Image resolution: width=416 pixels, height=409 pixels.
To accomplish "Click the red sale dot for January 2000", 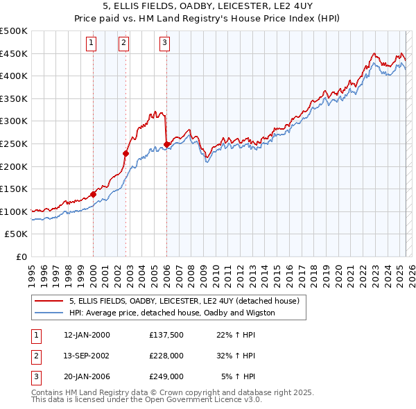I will tap(93, 195).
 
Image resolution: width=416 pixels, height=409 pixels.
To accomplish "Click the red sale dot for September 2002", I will tap(126, 153).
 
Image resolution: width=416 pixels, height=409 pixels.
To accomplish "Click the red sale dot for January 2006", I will tap(167, 144).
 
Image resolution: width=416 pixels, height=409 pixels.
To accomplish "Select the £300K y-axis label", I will tap(14, 121).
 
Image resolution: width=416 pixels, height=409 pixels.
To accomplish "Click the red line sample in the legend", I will tap(49, 301).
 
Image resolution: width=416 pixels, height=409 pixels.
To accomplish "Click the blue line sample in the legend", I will tap(49, 313).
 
